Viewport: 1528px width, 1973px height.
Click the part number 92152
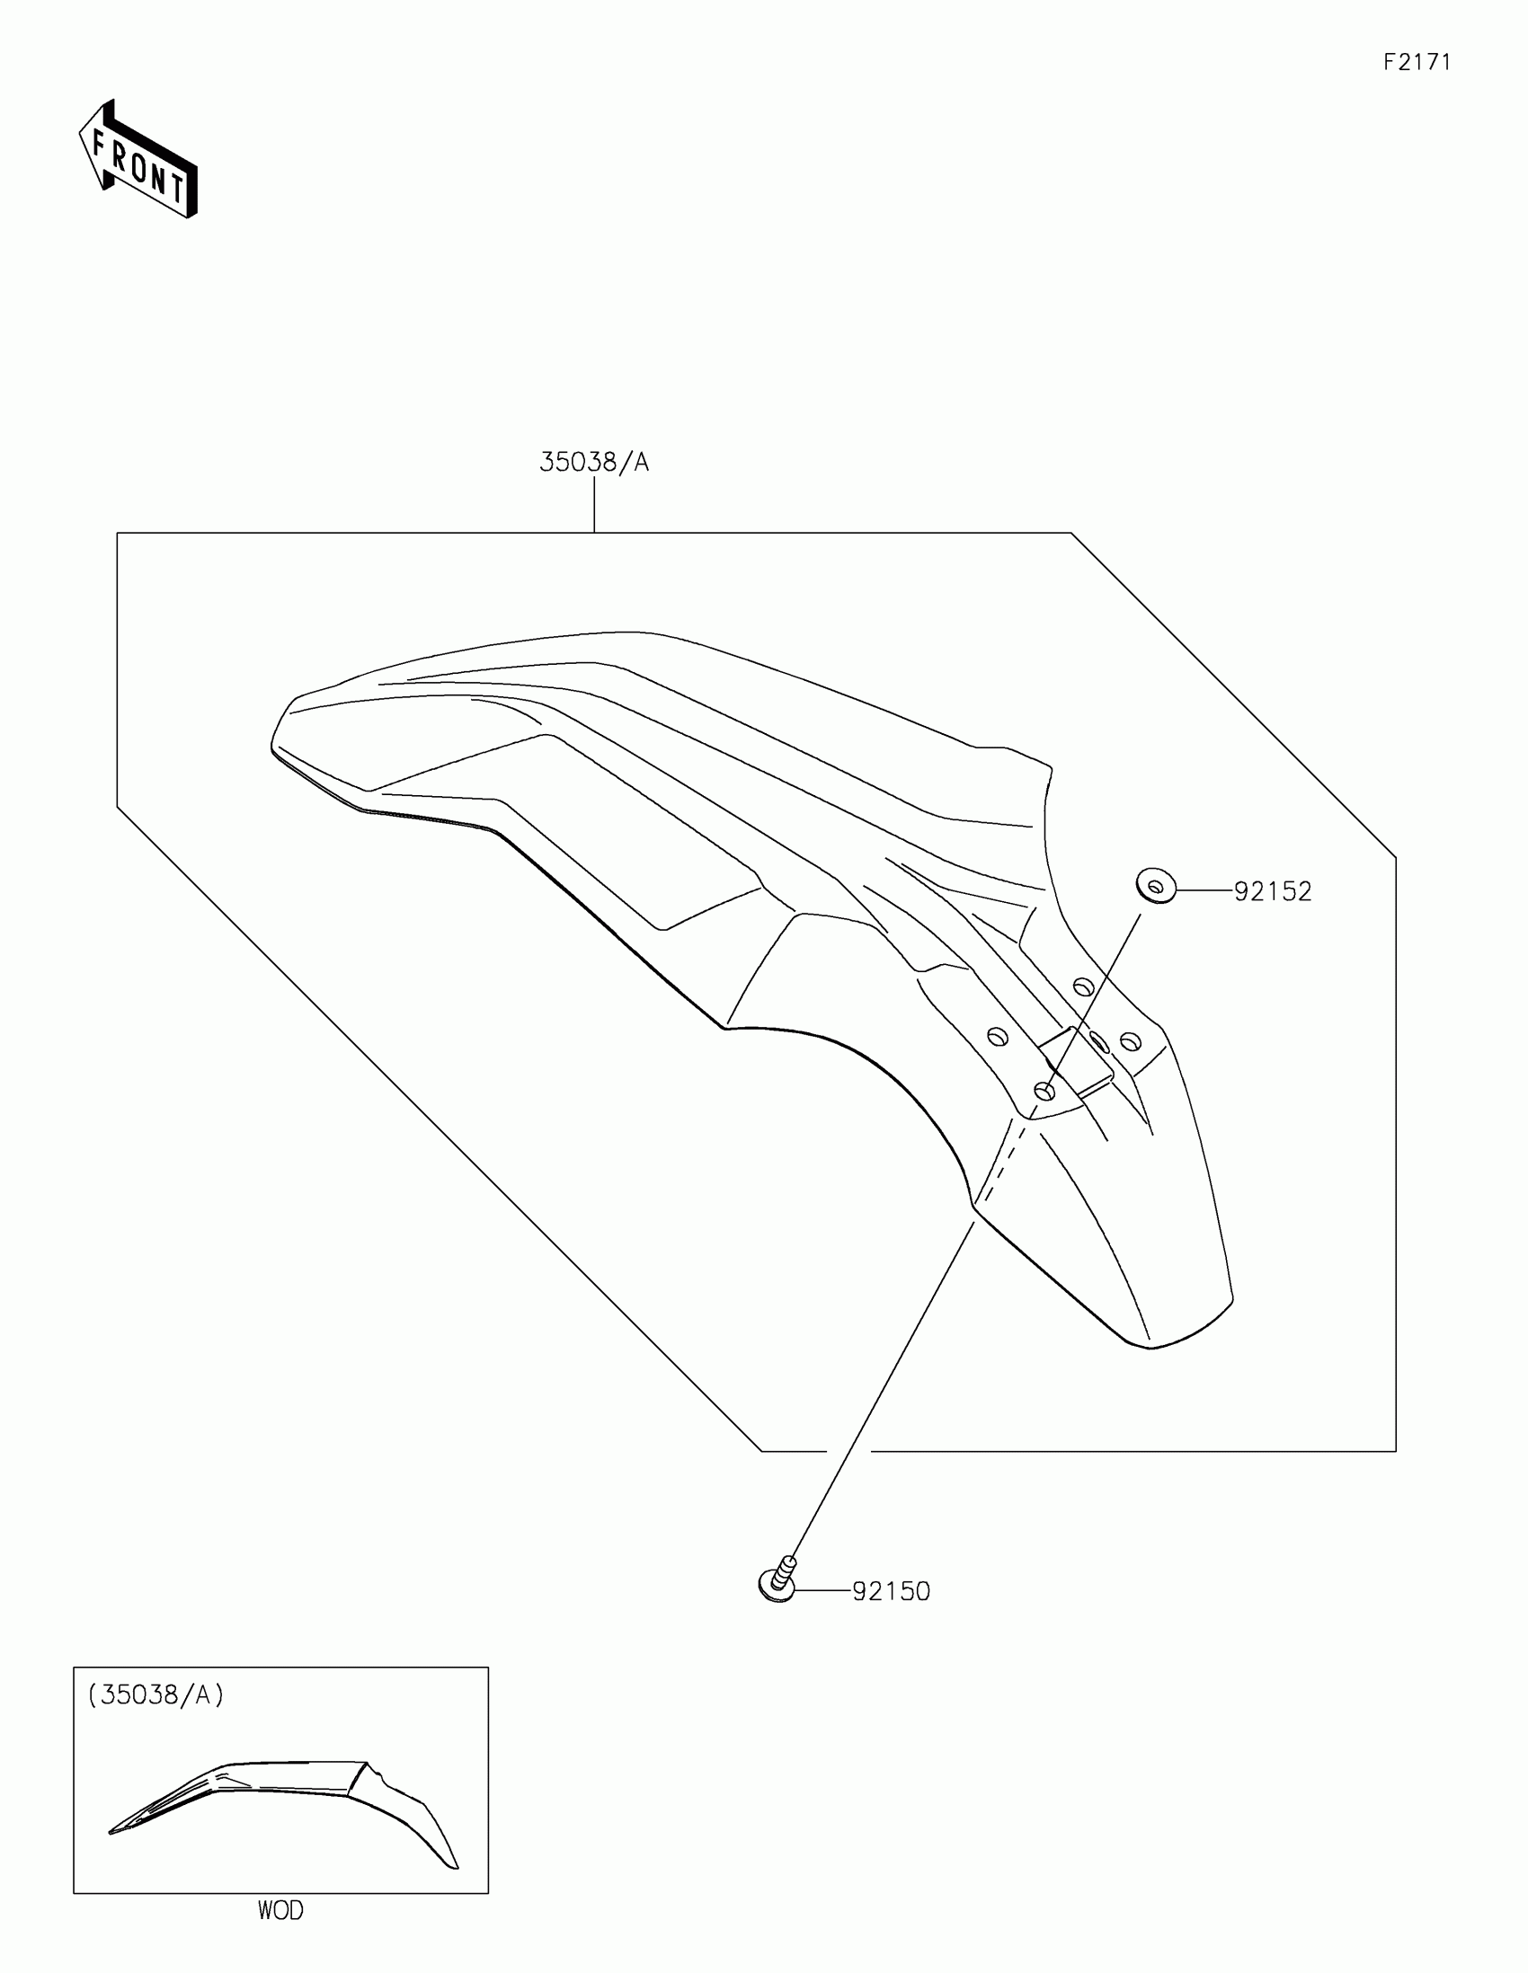click(1272, 891)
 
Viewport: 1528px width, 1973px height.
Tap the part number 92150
click(891, 1591)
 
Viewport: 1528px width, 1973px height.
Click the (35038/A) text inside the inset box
click(155, 1694)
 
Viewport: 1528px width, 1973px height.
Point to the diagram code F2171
click(1417, 62)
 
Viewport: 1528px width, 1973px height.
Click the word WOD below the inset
click(280, 1911)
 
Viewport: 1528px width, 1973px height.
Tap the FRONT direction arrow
click(138, 160)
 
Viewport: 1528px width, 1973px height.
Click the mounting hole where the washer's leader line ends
click(1044, 1092)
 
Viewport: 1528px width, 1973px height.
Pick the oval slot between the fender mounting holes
click(1097, 1041)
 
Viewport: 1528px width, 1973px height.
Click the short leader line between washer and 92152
click(1204, 890)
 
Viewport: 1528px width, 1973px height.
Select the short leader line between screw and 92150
click(822, 1590)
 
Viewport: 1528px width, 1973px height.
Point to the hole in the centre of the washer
click(1155, 887)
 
